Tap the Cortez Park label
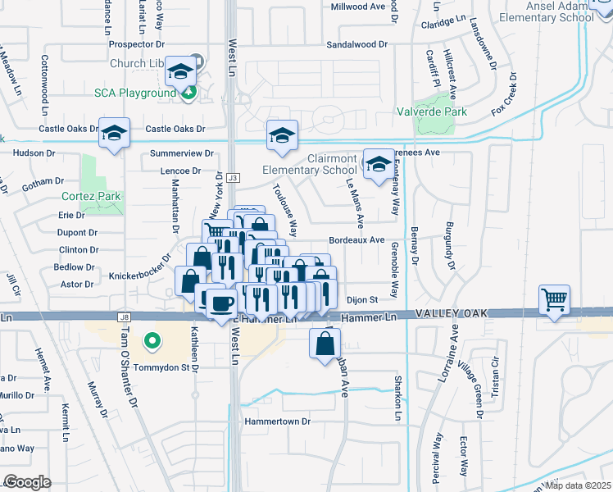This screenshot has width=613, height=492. pos(91,196)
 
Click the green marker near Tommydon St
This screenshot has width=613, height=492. pos(151,339)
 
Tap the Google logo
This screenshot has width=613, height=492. pos(27,481)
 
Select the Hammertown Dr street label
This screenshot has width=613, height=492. pos(278,421)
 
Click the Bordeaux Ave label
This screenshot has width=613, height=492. pos(356,240)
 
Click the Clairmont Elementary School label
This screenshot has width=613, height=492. pos(310,164)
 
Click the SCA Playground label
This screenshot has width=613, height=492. pos(135,93)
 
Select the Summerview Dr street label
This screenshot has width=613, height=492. pos(181,153)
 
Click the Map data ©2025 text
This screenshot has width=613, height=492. pos(577,485)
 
